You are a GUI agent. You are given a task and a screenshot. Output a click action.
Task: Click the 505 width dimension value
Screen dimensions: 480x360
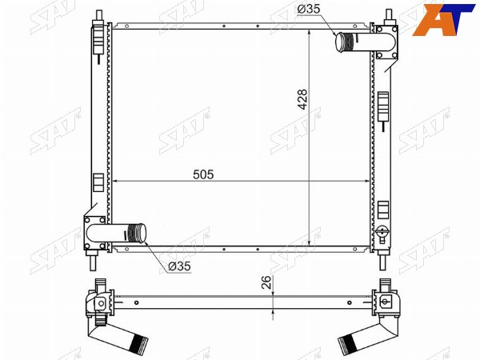[203, 174]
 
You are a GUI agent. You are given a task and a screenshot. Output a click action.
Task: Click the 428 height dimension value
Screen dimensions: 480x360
[302, 99]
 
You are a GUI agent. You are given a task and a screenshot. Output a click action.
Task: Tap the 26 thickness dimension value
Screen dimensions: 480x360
[266, 282]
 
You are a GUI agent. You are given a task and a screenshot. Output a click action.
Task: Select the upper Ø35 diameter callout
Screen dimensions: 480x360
[309, 9]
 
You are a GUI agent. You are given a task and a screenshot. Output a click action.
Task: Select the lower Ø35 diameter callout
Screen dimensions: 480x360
[180, 266]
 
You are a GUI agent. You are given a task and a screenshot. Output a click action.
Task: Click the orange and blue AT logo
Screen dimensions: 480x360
[444, 20]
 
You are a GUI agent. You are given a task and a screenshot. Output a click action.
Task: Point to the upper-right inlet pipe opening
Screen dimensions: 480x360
[341, 42]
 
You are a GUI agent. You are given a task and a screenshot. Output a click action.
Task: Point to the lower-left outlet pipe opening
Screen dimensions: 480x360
[142, 234]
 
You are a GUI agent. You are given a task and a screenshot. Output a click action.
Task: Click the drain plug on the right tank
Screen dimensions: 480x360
[382, 231]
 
